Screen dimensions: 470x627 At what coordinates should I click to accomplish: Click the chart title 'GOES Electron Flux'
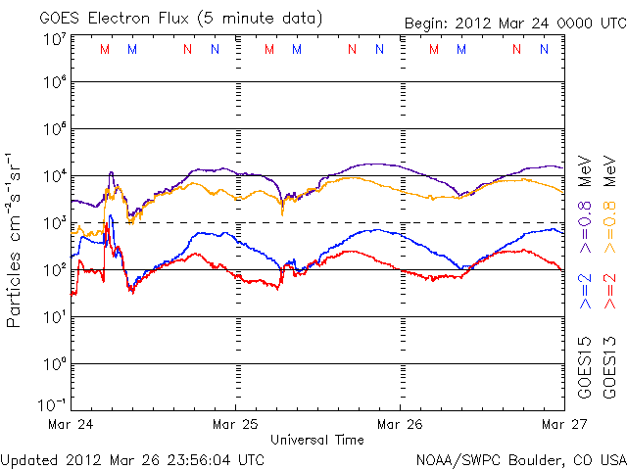pyautogui.click(x=108, y=19)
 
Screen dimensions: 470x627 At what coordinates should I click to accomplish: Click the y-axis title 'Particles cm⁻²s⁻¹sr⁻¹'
pyautogui.click(x=15, y=240)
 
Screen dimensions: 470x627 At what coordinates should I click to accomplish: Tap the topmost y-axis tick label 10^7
pyautogui.click(x=54, y=39)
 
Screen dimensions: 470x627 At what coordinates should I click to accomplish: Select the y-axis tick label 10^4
pyautogui.click(x=54, y=176)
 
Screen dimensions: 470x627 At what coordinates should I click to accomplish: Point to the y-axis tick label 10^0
pyautogui.click(x=54, y=364)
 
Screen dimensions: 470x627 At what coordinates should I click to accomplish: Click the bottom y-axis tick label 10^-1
pyautogui.click(x=54, y=404)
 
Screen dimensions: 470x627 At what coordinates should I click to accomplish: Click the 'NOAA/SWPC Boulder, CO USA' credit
pyautogui.click(x=519, y=458)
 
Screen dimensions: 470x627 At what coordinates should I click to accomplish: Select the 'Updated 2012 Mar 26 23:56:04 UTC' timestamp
pyautogui.click(x=132, y=458)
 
